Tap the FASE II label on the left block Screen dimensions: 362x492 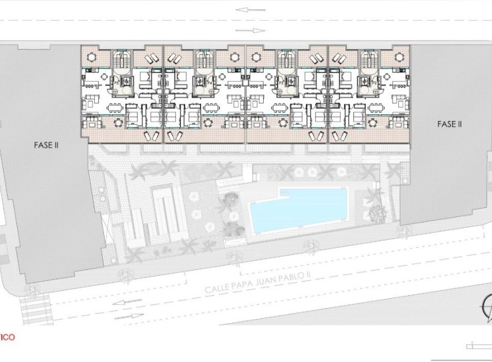click(46, 145)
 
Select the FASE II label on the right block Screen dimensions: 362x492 click(449, 123)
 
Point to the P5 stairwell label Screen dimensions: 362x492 click(117, 83)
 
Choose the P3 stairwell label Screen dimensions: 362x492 click(282, 83)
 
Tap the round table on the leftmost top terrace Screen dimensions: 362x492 click(91, 57)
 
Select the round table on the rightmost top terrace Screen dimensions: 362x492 click(399, 57)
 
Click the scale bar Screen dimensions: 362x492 click(478, 346)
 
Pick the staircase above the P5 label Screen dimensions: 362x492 click(121, 60)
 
